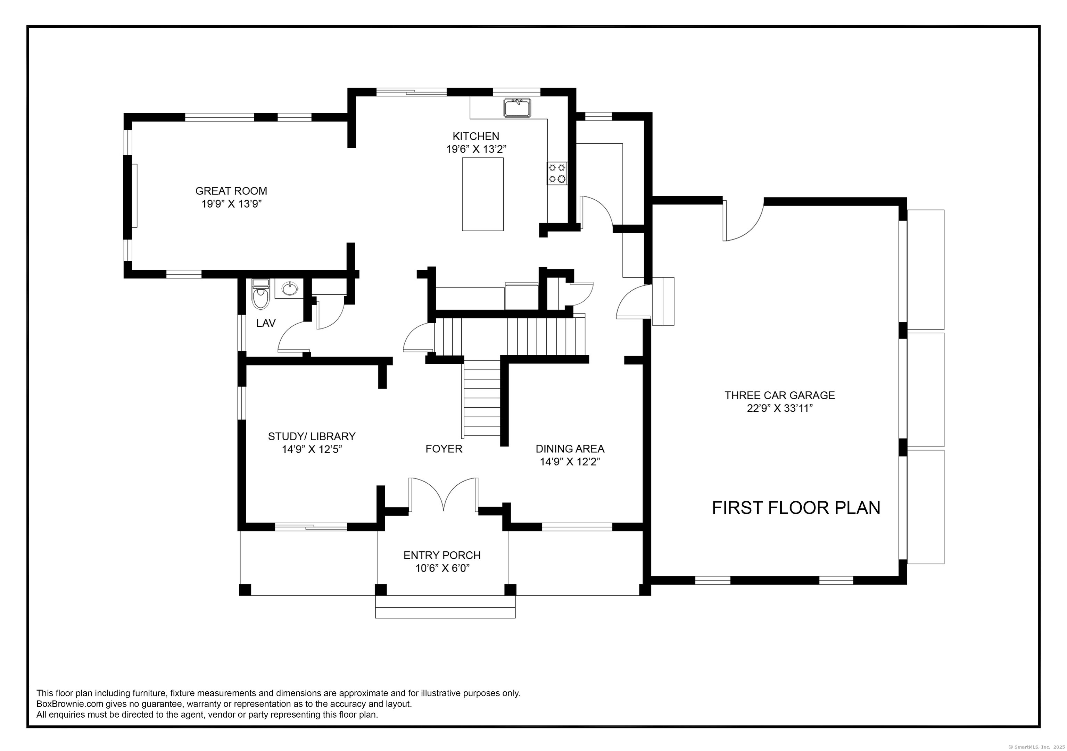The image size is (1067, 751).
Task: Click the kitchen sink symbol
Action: (517, 108)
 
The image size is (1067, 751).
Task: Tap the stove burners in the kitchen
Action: (557, 173)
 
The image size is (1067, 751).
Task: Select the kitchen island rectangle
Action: (482, 194)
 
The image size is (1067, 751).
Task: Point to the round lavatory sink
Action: (290, 289)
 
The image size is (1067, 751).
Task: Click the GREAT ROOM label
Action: (231, 191)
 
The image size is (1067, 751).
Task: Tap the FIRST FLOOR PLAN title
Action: (796, 508)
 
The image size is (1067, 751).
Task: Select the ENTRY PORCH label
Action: (442, 556)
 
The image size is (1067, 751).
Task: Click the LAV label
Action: (266, 323)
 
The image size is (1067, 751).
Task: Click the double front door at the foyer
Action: (443, 495)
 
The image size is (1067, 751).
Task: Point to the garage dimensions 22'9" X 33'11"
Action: (779, 409)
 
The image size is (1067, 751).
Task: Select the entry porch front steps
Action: (445, 607)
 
